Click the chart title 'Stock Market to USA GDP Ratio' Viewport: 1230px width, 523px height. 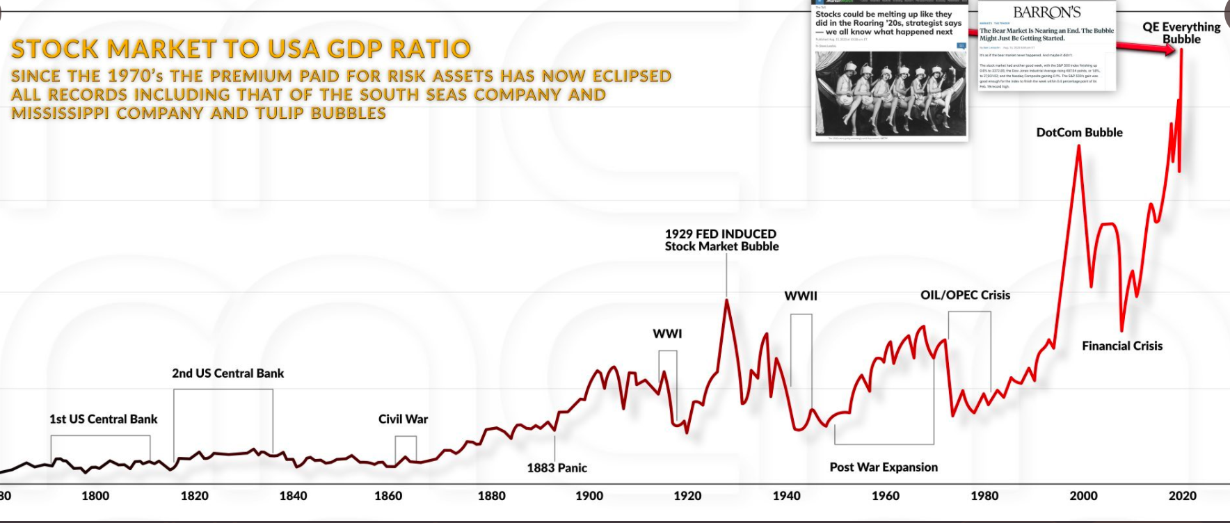[241, 49]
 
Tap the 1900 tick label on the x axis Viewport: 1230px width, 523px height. [589, 496]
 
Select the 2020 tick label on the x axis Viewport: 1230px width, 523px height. [1182, 496]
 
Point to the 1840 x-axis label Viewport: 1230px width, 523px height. [293, 496]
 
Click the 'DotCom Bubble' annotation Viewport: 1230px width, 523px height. [1079, 132]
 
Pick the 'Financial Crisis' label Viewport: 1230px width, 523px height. [1122, 346]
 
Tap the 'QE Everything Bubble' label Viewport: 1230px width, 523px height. [1181, 33]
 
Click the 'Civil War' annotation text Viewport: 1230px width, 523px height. [403, 419]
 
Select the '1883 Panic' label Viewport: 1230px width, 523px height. [557, 468]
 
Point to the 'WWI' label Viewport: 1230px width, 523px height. [667, 334]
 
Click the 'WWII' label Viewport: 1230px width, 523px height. [801, 296]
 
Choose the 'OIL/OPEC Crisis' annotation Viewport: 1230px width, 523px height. [965, 295]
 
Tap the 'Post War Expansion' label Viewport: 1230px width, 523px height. [884, 467]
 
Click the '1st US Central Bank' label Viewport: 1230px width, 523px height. [103, 419]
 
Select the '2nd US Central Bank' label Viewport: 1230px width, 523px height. [228, 373]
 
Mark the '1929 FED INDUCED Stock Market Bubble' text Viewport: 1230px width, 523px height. [721, 240]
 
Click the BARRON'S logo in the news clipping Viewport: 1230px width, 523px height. [1047, 13]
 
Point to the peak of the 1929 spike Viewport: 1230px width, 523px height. [727, 300]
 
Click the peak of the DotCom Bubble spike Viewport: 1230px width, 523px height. [1078, 146]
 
